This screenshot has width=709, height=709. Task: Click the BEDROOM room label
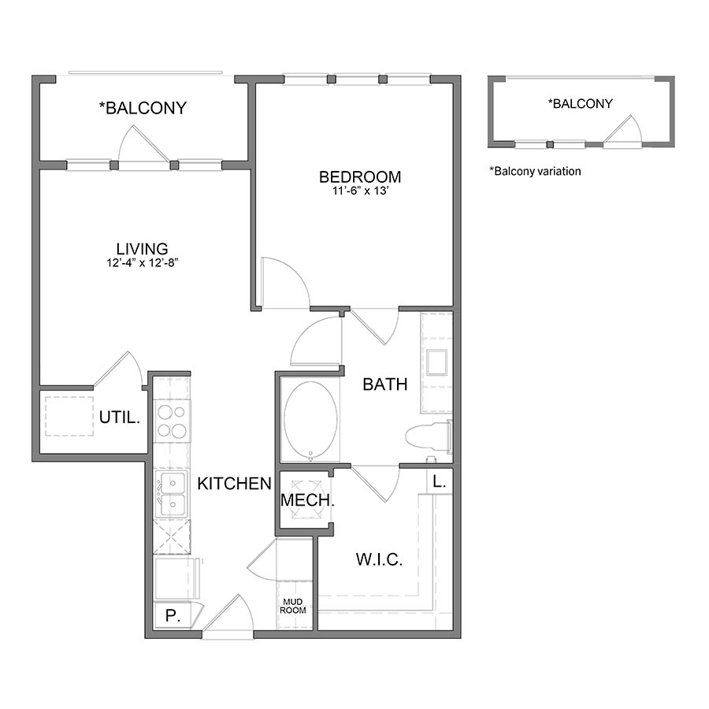[360, 176]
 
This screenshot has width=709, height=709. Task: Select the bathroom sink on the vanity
[436, 362]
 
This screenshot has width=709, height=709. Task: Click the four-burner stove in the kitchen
[172, 421]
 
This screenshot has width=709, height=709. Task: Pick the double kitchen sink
[172, 494]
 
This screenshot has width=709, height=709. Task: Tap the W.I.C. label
[379, 559]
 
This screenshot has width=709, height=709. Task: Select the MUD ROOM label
[295, 605]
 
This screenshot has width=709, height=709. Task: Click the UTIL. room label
[120, 418]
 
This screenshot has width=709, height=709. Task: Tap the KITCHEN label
[234, 483]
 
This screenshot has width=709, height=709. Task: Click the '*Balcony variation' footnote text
[535, 170]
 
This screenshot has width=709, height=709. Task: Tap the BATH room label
[385, 384]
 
